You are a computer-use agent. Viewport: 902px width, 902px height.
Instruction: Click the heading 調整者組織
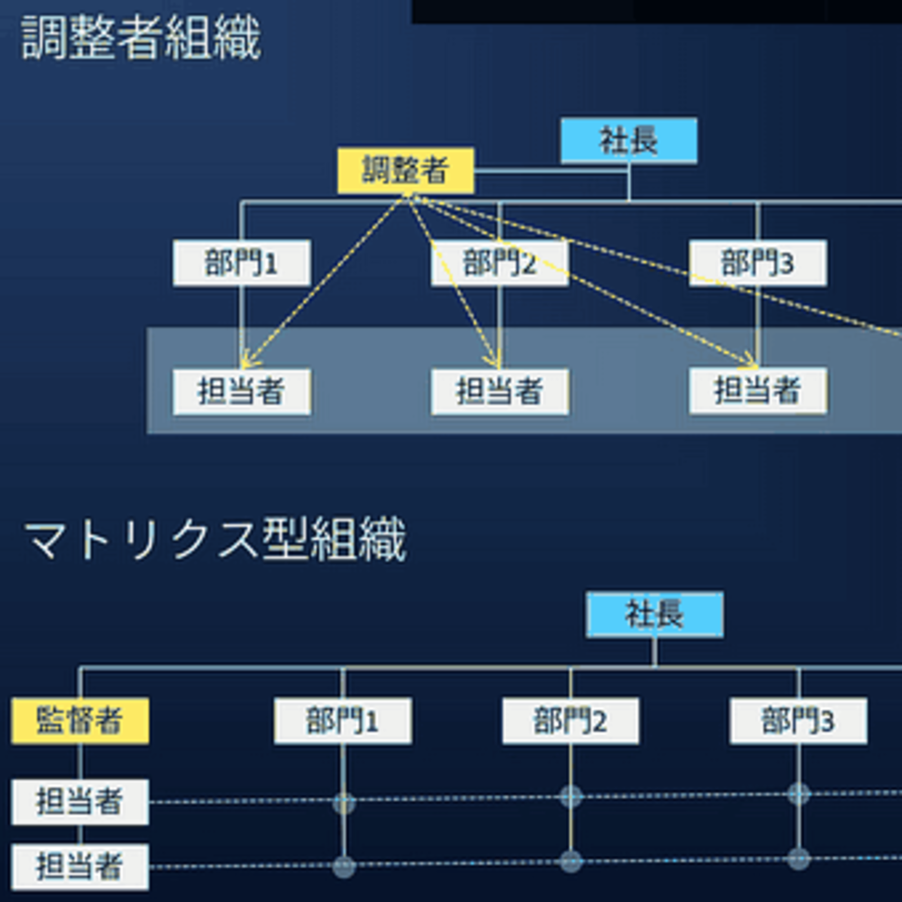(x=141, y=38)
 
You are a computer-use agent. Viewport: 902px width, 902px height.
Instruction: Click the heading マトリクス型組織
(x=214, y=540)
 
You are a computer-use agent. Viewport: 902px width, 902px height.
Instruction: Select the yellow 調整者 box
(x=405, y=170)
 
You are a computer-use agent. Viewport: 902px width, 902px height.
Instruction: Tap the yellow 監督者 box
(x=80, y=720)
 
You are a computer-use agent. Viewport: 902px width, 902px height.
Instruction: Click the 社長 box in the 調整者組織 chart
(x=629, y=140)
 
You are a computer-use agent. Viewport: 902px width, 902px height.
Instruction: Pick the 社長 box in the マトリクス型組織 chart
(x=654, y=614)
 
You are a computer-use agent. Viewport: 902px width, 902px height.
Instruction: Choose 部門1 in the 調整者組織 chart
(x=241, y=263)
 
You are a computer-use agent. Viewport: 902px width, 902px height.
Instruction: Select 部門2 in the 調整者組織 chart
(x=499, y=263)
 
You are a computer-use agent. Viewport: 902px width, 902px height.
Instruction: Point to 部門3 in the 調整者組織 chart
(x=758, y=263)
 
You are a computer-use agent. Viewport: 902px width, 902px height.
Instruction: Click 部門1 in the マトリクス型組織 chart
(x=342, y=720)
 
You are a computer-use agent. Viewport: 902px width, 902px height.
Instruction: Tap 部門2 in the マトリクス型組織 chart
(x=570, y=720)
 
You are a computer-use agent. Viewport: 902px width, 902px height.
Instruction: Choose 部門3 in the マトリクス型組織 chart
(x=798, y=720)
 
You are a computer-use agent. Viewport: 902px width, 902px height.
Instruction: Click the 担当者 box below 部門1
(x=241, y=391)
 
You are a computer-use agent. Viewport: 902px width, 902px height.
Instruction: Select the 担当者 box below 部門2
(x=499, y=391)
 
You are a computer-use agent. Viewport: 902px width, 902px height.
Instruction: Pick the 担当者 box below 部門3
(x=758, y=390)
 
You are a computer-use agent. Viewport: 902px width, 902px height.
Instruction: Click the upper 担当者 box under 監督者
(x=80, y=802)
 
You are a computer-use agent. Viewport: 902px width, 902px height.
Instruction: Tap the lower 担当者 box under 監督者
(x=80, y=866)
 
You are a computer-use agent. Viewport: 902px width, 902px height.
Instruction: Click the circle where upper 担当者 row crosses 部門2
(x=571, y=797)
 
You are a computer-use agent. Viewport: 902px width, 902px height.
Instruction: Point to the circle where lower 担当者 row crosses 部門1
(x=344, y=866)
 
